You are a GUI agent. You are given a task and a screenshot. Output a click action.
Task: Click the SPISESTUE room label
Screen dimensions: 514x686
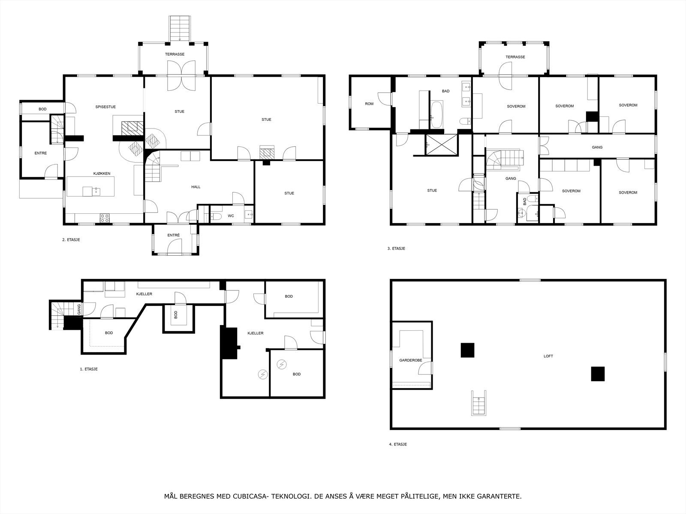click(105, 107)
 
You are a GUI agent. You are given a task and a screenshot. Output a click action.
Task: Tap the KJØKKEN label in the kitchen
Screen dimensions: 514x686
click(102, 173)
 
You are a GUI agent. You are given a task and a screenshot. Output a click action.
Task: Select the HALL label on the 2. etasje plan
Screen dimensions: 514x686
click(196, 187)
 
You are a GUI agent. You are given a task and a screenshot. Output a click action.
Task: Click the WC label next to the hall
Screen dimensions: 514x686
click(231, 216)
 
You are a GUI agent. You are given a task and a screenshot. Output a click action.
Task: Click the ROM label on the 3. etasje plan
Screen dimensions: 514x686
click(369, 104)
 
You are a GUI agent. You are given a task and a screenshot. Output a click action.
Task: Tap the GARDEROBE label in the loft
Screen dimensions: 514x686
click(411, 360)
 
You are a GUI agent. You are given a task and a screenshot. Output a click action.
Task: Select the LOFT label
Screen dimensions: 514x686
click(548, 356)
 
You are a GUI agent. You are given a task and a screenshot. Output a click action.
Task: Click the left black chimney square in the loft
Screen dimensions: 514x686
click(467, 350)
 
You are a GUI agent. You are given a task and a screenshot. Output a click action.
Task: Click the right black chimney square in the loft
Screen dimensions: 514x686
click(598, 374)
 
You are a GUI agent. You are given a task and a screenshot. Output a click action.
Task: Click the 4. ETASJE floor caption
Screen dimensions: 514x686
click(397, 444)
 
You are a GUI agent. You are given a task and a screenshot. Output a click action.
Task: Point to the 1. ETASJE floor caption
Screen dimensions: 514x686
click(89, 369)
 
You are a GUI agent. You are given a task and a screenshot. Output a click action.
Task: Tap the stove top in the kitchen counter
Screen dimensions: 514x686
click(105, 218)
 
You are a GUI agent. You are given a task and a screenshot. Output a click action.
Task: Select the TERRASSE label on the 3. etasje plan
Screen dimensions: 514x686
click(515, 57)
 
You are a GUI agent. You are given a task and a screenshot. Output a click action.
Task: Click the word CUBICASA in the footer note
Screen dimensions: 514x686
click(248, 496)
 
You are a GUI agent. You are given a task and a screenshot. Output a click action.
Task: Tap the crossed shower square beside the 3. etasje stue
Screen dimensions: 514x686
click(441, 145)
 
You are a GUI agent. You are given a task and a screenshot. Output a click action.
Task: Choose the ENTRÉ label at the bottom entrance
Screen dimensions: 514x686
click(173, 235)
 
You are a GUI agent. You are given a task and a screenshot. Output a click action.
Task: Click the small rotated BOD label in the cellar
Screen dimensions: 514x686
click(176, 315)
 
